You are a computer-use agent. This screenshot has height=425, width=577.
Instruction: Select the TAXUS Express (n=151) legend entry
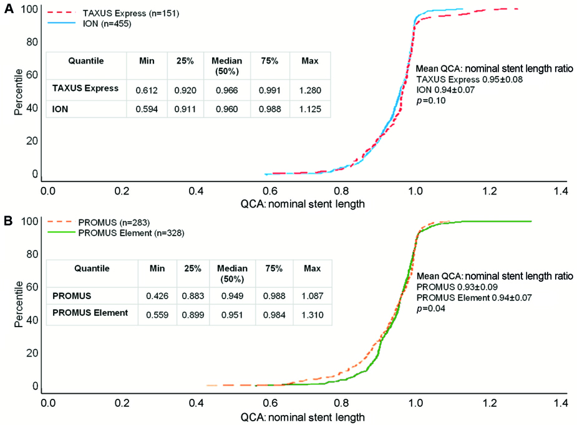(131, 12)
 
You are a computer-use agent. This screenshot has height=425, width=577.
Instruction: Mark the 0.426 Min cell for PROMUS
(157, 295)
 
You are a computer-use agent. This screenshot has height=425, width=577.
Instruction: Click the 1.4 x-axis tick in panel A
(560, 192)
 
